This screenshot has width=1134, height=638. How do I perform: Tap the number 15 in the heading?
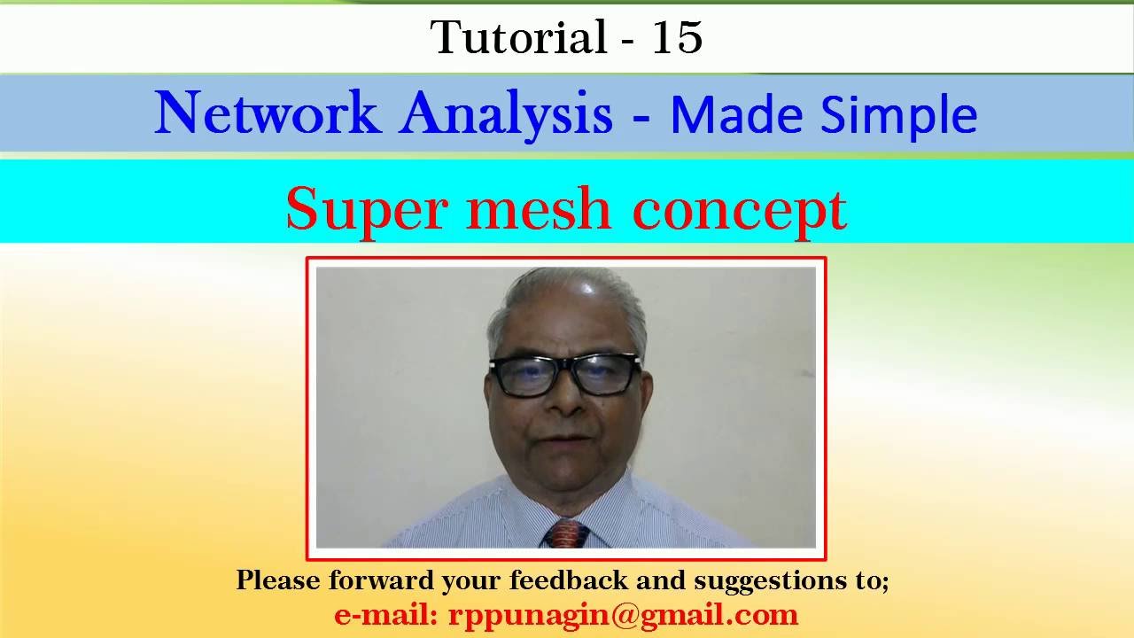pyautogui.click(x=677, y=37)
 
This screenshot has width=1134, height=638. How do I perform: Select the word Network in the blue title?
pyautogui.click(x=267, y=114)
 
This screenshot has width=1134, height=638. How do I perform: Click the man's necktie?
pyautogui.click(x=566, y=533)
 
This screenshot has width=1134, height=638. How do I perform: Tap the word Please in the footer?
pyautogui.click(x=278, y=580)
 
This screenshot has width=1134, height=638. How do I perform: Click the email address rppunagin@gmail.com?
pyautogui.click(x=623, y=615)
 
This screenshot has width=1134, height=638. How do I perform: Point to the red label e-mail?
pyautogui.click(x=386, y=614)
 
